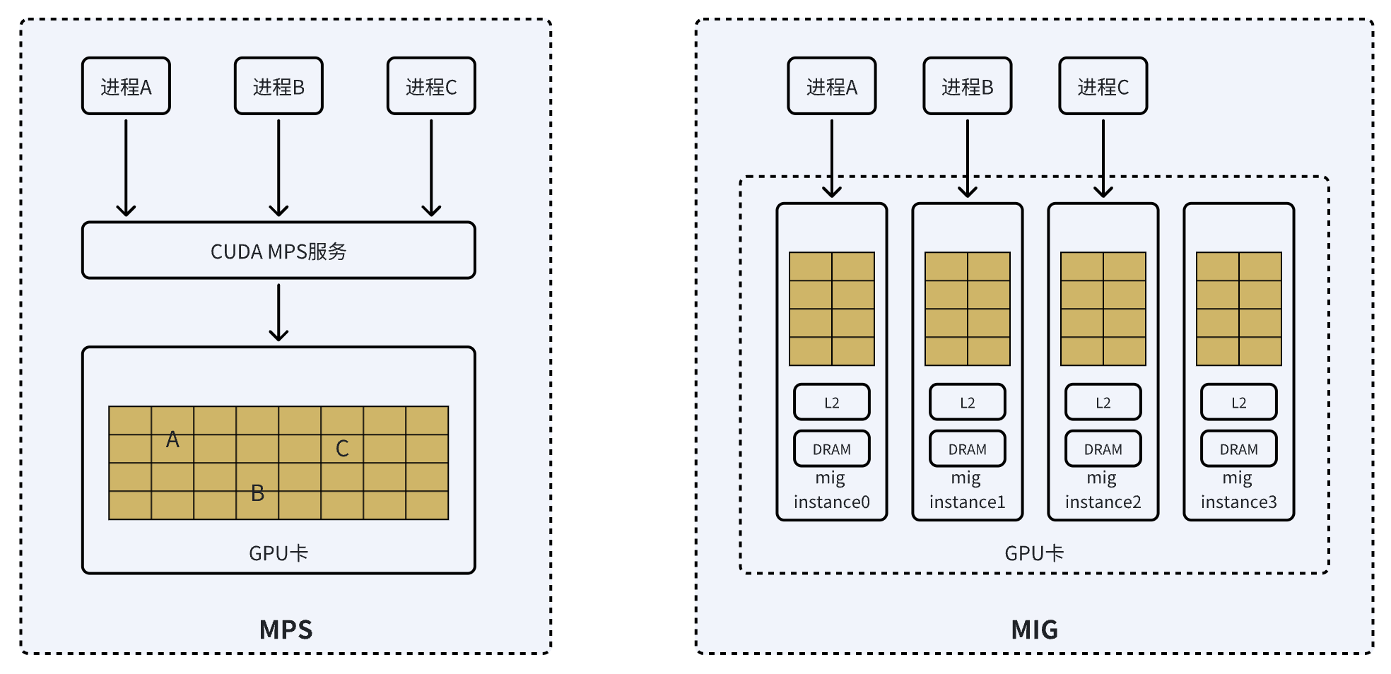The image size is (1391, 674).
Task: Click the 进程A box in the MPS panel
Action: (x=126, y=86)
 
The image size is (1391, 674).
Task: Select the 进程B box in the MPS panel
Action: (x=278, y=86)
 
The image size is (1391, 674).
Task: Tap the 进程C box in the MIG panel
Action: (x=1103, y=86)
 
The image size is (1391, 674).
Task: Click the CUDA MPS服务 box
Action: (x=278, y=251)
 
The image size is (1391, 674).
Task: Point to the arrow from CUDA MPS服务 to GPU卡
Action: (x=278, y=312)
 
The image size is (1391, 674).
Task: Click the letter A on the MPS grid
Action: (x=172, y=440)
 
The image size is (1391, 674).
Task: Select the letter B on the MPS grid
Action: (x=258, y=493)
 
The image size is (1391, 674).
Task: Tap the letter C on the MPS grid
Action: (x=342, y=449)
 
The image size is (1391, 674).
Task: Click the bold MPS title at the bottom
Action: (x=286, y=629)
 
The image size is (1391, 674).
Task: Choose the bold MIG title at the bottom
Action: (x=1034, y=629)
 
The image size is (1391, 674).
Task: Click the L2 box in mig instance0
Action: (x=831, y=403)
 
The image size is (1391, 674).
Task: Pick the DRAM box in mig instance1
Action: (x=967, y=449)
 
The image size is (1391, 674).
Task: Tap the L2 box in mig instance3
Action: (x=1238, y=403)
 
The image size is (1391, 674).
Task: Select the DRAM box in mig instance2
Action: (x=1103, y=449)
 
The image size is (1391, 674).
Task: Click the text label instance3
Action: (x=1238, y=502)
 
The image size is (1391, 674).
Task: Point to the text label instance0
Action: (x=831, y=502)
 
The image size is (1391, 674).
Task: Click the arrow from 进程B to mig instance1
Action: (x=967, y=158)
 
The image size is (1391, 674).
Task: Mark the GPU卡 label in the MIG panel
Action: (x=1034, y=553)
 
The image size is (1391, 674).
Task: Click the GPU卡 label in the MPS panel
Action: (x=278, y=553)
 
